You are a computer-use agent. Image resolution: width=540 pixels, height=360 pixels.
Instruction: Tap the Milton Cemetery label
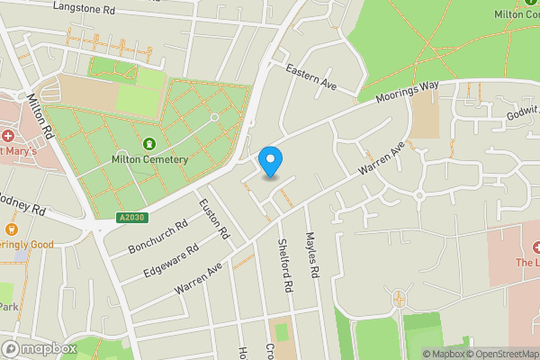coord(149,159)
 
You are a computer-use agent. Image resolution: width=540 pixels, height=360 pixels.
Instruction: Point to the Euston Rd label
coord(215,219)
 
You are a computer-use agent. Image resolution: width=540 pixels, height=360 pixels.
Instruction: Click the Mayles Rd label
coord(312,256)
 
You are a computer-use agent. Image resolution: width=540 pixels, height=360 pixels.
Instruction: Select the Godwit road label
coord(523,114)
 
